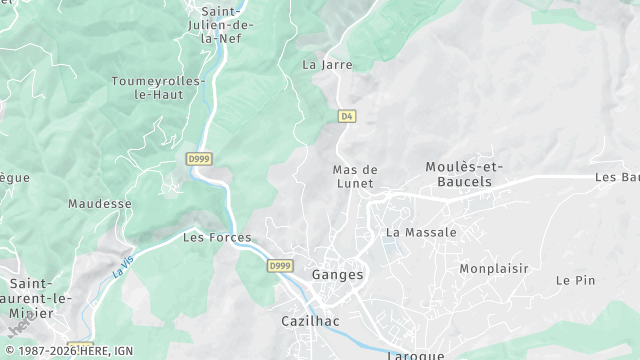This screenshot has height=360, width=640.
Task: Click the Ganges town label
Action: point(338,274)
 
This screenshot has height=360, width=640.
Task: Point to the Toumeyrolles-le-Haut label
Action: point(158,87)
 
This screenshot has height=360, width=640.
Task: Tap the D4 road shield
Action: point(347,116)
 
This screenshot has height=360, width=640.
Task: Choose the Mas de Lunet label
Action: point(354,176)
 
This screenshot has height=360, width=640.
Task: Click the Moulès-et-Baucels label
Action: point(465,173)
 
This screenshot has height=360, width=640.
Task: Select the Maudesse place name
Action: point(100,203)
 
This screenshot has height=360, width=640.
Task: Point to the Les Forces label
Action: point(217,238)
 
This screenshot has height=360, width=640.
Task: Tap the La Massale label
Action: point(421,232)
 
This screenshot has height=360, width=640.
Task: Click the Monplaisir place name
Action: point(494,268)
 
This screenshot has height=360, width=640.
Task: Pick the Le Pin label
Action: point(575,280)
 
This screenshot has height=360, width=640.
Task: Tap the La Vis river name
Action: point(123,266)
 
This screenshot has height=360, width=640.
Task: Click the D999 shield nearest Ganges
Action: point(280,265)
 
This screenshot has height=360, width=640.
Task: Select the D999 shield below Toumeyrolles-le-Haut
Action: point(199,158)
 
